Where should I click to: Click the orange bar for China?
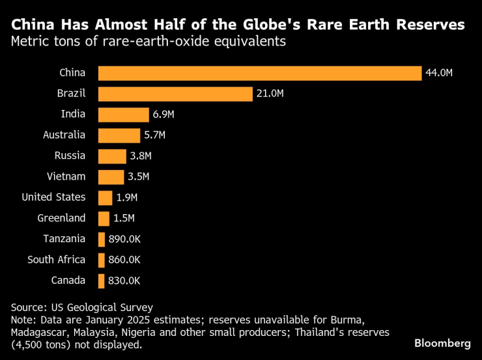pos(260,73)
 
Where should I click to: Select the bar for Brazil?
pos(175,94)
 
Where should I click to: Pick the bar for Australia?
pos(119,135)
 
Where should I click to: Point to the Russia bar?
pos(112,156)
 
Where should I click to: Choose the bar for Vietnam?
pos(111,177)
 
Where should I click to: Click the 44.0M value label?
pos(438,73)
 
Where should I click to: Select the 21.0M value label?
pos(270,94)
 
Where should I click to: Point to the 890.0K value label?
pos(124,239)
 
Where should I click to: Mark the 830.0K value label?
pos(124,281)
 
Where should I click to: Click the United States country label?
pos(53,197)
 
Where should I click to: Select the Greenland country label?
pos(61,218)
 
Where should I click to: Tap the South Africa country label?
pos(56,260)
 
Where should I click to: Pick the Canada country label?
pos(68,281)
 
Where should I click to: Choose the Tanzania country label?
pos(64,239)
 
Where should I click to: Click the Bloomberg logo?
pos(442,342)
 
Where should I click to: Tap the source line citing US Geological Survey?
pos(82,307)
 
